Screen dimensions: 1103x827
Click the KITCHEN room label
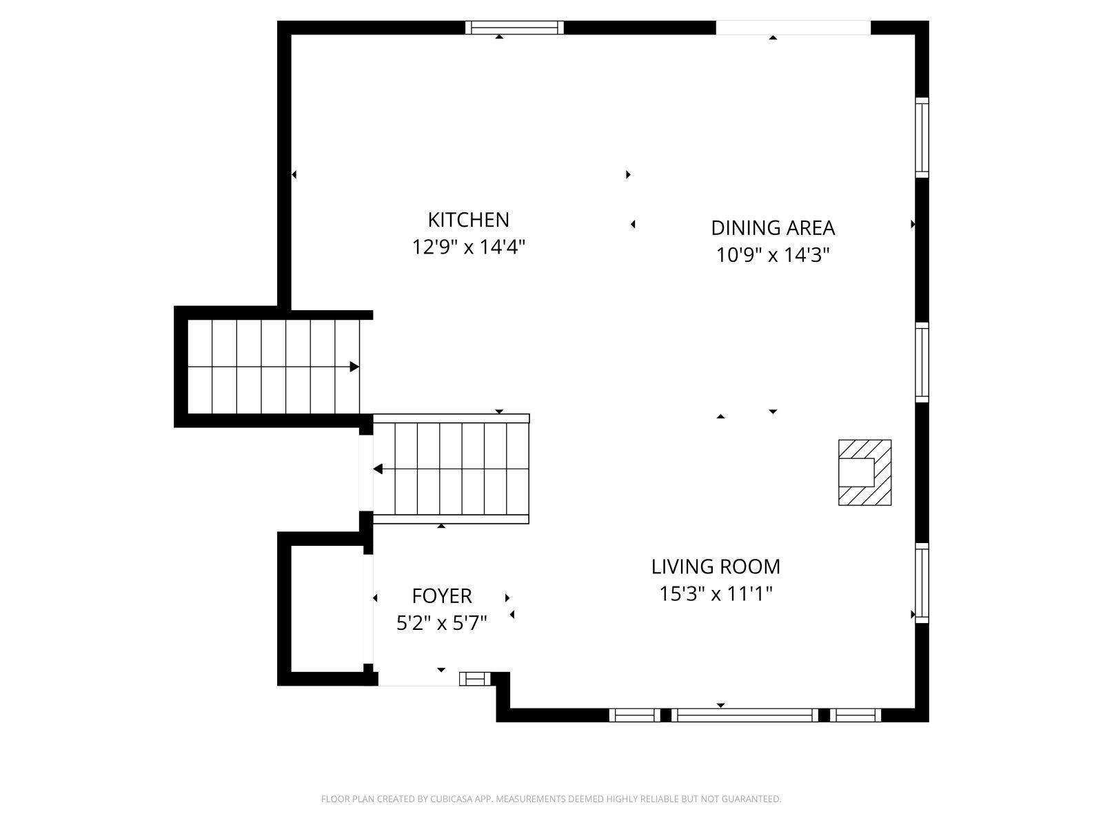point(468,220)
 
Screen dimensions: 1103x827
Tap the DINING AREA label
point(773,228)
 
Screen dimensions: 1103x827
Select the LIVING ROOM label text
point(716,567)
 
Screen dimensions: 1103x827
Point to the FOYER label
point(442,596)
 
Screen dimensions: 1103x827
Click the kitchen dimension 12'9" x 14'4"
point(468,247)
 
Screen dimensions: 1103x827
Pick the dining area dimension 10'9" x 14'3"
point(772,255)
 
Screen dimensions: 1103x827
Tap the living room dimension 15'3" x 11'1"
point(716,594)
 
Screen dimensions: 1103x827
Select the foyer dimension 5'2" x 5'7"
point(442,623)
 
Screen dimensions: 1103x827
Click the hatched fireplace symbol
point(864,473)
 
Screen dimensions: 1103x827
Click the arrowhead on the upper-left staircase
point(354,367)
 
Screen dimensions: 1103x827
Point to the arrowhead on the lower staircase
point(378,469)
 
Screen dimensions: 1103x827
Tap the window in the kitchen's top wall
point(514,28)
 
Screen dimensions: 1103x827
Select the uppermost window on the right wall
point(922,138)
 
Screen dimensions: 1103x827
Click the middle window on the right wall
point(922,362)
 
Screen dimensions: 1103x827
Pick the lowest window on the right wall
point(922,583)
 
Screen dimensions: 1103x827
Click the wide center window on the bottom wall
point(745,715)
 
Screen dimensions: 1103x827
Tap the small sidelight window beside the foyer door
point(475,679)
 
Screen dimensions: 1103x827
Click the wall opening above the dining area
point(793,28)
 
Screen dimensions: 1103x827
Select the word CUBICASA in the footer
point(449,799)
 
